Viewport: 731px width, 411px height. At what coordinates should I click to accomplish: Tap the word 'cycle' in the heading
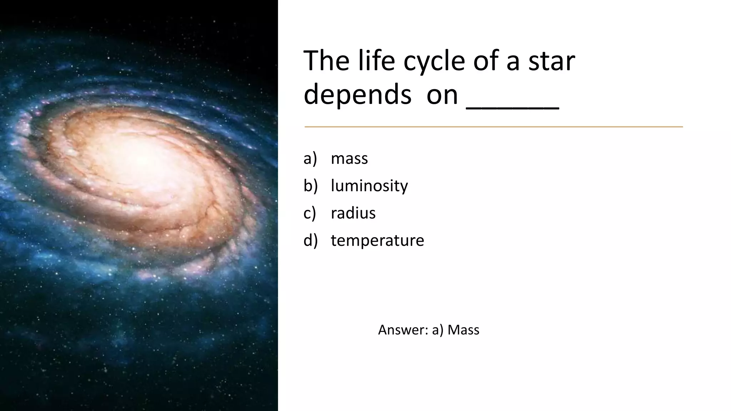pyautogui.click(x=434, y=61)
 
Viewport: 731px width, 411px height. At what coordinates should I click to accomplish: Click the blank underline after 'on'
pyautogui.click(x=513, y=107)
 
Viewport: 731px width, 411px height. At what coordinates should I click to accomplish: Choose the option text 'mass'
pyautogui.click(x=349, y=158)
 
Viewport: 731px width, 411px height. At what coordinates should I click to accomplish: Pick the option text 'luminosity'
pyautogui.click(x=369, y=186)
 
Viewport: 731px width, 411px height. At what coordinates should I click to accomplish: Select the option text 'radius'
pyautogui.click(x=353, y=213)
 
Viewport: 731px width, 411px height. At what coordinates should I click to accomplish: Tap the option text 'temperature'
pyautogui.click(x=377, y=240)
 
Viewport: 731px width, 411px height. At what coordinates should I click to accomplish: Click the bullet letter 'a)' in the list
pyautogui.click(x=310, y=158)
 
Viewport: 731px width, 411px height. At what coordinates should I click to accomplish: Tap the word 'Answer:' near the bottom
pyautogui.click(x=403, y=330)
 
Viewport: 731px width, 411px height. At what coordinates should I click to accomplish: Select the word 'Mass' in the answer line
pyautogui.click(x=463, y=330)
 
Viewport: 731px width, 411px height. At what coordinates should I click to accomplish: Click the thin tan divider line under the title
pyautogui.click(x=493, y=127)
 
